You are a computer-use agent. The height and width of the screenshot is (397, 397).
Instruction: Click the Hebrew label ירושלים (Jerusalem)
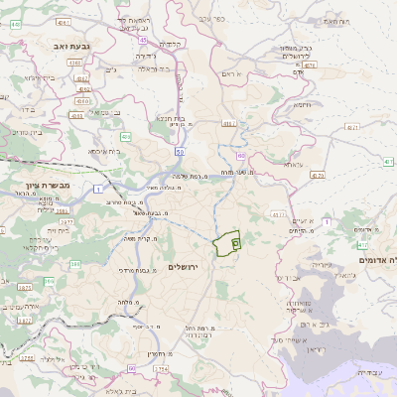point(184,268)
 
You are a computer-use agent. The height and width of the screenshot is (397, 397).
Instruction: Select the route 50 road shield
point(179,152)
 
